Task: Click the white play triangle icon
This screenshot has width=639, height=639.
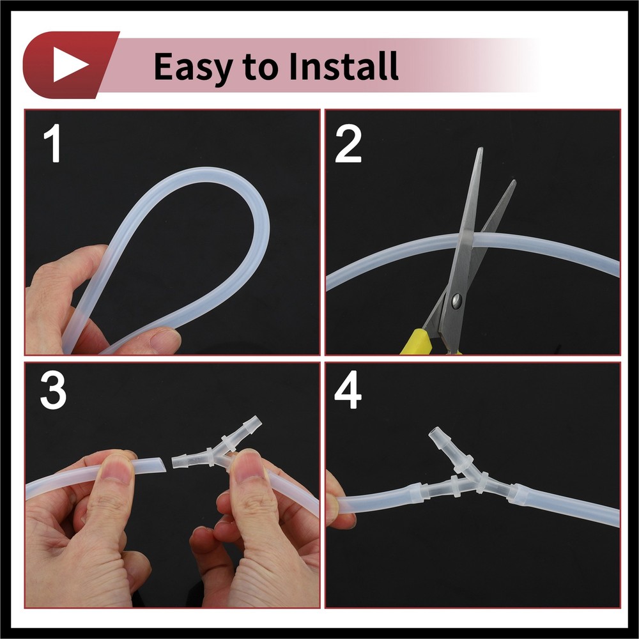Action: click(x=68, y=65)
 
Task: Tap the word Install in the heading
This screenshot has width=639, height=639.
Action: click(x=344, y=65)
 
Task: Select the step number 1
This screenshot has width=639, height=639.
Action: click(x=53, y=143)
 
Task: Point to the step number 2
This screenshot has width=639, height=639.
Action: click(x=348, y=144)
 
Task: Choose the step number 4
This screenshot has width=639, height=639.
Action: click(x=348, y=390)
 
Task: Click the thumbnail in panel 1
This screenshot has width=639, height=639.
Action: click(x=166, y=339)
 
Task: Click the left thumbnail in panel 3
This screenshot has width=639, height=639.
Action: click(x=116, y=468)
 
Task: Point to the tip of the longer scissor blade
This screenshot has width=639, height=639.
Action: click(x=481, y=148)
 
